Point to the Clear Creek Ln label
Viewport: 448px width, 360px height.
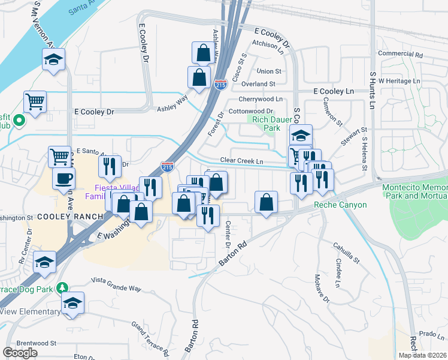tap(242, 161)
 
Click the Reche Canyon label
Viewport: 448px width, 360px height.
tap(337, 205)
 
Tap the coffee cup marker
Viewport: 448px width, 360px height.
tap(63, 178)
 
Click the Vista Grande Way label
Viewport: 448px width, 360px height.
tap(116, 284)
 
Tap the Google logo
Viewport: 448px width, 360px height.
tap(19, 353)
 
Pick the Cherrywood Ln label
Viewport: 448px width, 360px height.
tap(260, 99)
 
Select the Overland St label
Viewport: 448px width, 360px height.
tap(258, 85)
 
